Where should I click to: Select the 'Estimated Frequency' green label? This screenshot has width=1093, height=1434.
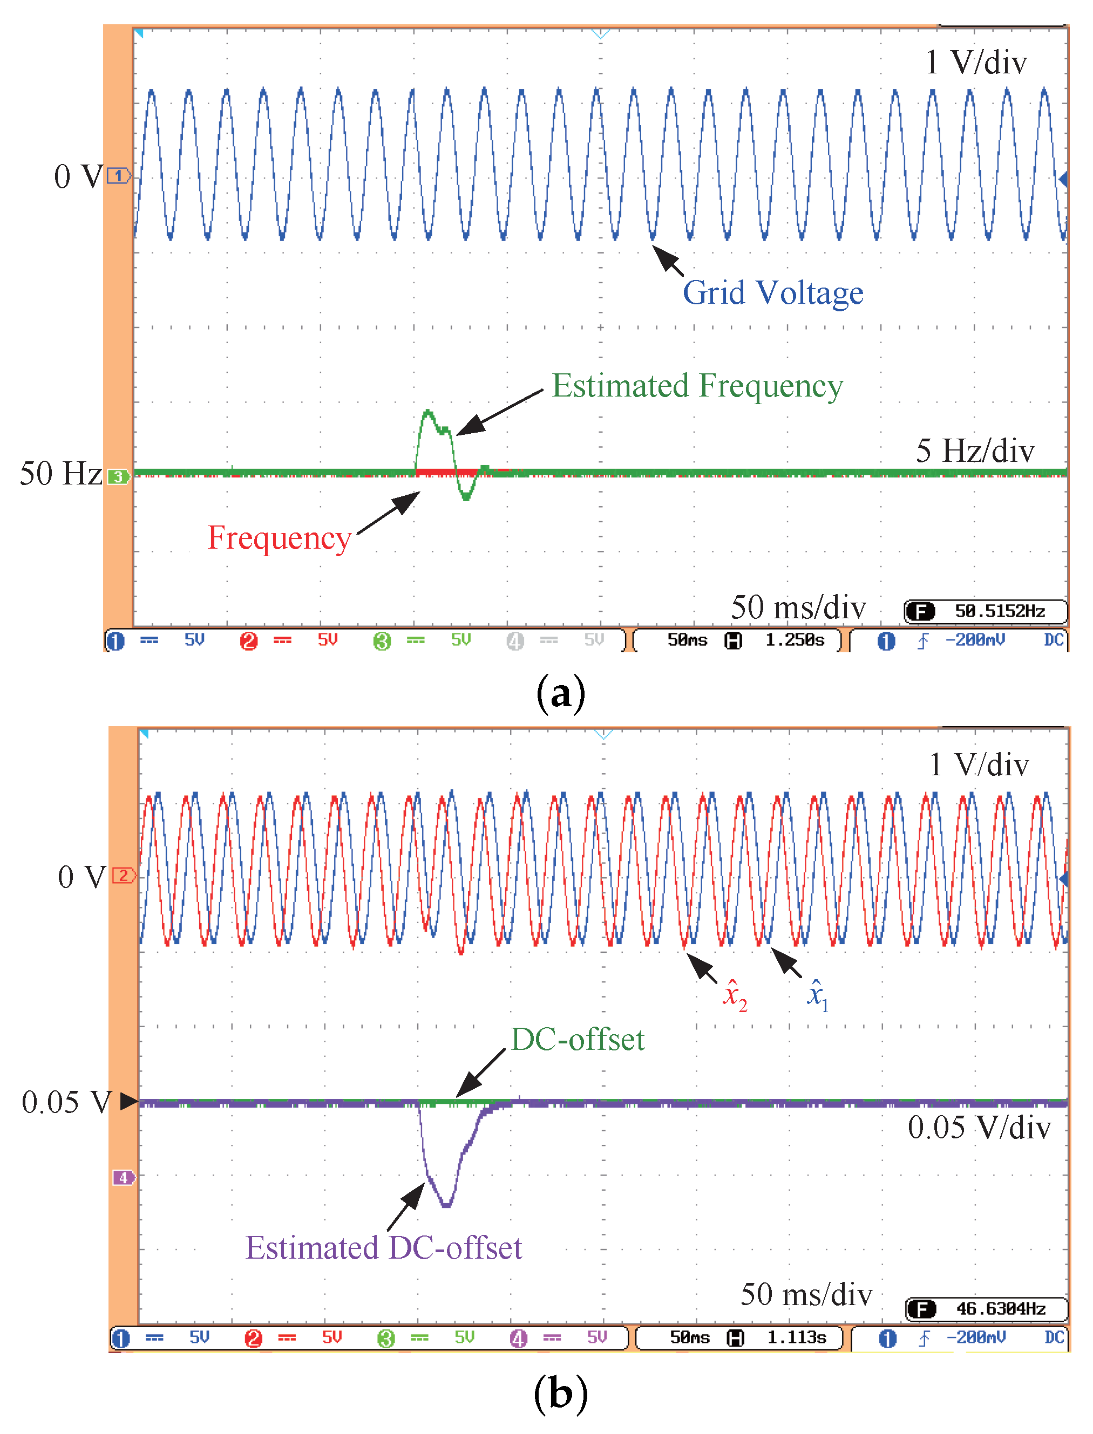click(x=697, y=386)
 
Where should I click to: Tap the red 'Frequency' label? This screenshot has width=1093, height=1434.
click(x=279, y=538)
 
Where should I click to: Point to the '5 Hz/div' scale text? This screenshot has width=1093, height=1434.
click(x=975, y=450)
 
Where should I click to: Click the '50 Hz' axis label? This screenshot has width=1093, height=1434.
click(x=60, y=474)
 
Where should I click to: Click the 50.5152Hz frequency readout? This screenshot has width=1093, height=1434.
click(x=999, y=611)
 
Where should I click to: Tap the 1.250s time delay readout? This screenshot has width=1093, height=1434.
click(x=795, y=640)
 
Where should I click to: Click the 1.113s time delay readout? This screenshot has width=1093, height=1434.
click(x=796, y=1338)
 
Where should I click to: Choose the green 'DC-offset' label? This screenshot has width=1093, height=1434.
click(x=577, y=1039)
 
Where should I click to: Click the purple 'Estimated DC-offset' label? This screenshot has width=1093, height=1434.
click(x=384, y=1248)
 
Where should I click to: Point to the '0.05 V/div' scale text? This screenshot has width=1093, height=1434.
click(x=979, y=1128)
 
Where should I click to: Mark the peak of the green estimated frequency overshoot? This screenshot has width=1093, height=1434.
click(x=427, y=411)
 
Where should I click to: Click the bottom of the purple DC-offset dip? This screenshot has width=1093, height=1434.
click(x=446, y=1205)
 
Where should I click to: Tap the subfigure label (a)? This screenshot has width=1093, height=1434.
click(x=560, y=693)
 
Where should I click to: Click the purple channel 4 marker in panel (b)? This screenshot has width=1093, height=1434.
click(x=124, y=1177)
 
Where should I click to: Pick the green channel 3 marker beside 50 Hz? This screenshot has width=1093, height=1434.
click(x=118, y=477)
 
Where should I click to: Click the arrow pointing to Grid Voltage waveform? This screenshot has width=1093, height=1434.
click(x=668, y=260)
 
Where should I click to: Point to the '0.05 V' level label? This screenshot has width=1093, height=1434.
click(x=66, y=1102)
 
